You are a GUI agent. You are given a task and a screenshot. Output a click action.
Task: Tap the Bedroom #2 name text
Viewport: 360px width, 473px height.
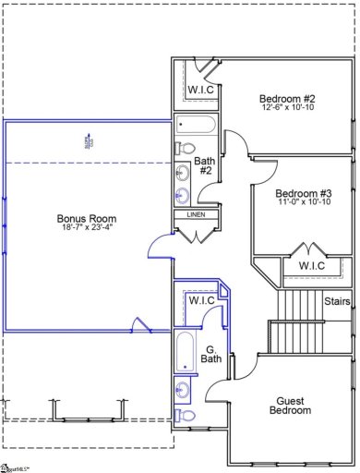click(x=288, y=99)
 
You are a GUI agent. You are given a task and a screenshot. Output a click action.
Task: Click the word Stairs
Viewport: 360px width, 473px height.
click(x=336, y=301)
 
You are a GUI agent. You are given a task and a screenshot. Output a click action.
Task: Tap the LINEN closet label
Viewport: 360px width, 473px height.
click(x=196, y=215)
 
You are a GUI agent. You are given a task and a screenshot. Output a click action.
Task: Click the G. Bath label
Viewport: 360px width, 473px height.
click(x=211, y=328)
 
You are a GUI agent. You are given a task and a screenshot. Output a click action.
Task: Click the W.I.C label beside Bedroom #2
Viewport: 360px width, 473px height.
click(x=200, y=90)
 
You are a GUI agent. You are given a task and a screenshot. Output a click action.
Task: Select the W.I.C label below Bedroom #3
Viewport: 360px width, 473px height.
click(x=302, y=266)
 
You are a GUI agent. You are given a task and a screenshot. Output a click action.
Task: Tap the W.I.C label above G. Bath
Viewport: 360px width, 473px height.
click(x=201, y=300)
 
